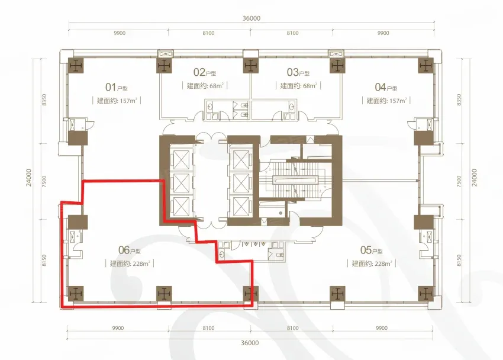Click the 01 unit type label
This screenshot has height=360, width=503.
tap(117, 87)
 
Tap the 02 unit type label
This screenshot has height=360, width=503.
tap(205, 72)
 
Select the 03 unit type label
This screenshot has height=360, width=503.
tap(298, 72)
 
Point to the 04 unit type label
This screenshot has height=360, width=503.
tap(386, 87)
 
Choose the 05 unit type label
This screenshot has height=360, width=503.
tap(371, 250)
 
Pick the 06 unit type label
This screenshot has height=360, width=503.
tap(129, 250)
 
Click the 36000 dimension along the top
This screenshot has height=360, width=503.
tap(251, 18)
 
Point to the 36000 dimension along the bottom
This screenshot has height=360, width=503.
tap(250, 343)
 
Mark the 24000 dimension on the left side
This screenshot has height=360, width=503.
tap(29, 178)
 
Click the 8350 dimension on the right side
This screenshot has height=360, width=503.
tap(459, 100)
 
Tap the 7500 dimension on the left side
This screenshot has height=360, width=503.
tap(44, 182)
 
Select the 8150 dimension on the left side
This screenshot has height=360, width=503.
tap(44, 260)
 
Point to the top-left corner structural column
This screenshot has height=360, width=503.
tap(76, 66)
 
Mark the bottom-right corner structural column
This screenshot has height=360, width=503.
tap(425, 294)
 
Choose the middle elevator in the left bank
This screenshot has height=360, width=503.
tap(180, 183)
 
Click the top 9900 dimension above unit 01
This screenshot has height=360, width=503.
tap(120, 33)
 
